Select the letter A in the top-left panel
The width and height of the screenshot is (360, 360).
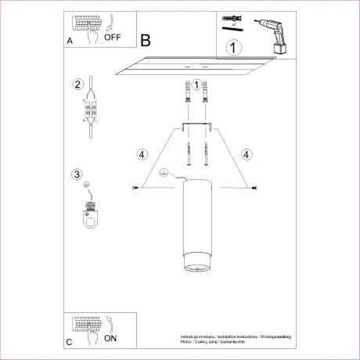pos(70,39)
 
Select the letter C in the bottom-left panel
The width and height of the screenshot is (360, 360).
pos(70,342)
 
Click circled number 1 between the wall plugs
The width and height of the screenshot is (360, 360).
pos(196,84)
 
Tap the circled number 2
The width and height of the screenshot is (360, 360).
pos(77,85)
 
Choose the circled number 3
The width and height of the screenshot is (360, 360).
pos(77,174)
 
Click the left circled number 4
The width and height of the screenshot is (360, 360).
pos(142,154)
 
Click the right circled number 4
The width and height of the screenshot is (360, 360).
pos(247,154)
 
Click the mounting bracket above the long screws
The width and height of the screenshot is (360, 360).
pos(196,128)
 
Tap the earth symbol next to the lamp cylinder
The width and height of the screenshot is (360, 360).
pos(164,174)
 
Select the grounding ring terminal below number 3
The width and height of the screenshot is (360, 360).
pos(92,214)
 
